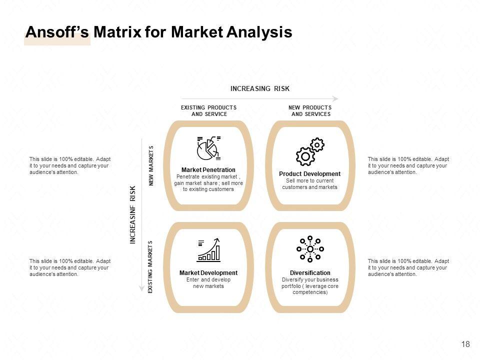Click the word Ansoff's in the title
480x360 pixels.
pyautogui.click(x=57, y=32)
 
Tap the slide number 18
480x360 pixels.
pyautogui.click(x=465, y=344)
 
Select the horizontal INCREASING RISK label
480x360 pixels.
pyautogui.click(x=260, y=88)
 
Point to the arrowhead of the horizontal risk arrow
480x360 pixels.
pyautogui.click(x=335, y=98)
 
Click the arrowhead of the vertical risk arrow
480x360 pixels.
pyautogui.click(x=142, y=288)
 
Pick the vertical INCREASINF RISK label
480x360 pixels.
pyautogui.click(x=133, y=215)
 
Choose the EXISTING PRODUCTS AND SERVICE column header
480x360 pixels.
pyautogui.click(x=208, y=111)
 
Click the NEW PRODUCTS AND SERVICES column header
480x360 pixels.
pyautogui.click(x=310, y=111)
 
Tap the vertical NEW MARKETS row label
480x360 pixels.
pyautogui.click(x=151, y=165)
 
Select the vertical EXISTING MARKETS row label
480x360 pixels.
pyautogui.click(x=150, y=267)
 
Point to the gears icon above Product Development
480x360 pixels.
pyautogui.click(x=310, y=152)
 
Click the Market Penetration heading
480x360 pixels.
pyautogui.click(x=208, y=170)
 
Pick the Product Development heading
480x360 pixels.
pyautogui.click(x=310, y=174)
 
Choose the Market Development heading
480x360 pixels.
pyautogui.click(x=208, y=273)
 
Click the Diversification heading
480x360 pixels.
pyautogui.click(x=310, y=273)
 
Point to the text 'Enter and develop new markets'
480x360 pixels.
pyautogui.click(x=208, y=283)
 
